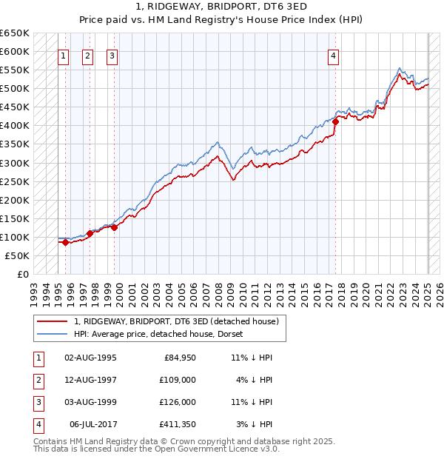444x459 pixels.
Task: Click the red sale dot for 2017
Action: [335, 121]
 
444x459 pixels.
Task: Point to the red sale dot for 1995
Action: [65, 242]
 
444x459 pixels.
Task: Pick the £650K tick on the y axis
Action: [15, 33]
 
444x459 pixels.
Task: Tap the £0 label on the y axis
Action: [24, 274]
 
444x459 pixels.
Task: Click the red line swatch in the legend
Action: [52, 321]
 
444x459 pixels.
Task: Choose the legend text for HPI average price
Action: [163, 334]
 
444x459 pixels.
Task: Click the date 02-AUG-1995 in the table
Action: [91, 358]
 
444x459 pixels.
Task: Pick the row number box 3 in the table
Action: [36, 402]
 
